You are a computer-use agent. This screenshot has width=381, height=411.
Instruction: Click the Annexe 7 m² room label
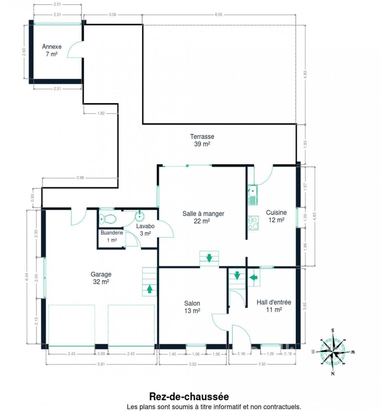tap(52, 50)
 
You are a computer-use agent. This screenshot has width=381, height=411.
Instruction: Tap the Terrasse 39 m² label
tap(202, 140)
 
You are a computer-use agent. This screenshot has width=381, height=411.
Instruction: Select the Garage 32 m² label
tap(101, 278)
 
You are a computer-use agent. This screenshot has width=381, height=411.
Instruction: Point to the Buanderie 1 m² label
tap(112, 236)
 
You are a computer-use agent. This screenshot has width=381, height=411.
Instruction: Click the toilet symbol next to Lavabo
tap(107, 219)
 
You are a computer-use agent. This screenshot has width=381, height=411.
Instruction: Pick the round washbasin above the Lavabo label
tap(140, 216)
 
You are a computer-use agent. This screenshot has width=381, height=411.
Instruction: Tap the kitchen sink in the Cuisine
tap(253, 195)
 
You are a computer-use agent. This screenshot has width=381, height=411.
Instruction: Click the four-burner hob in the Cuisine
tap(253, 223)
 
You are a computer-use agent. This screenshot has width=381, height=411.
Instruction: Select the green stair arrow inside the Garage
tap(150, 289)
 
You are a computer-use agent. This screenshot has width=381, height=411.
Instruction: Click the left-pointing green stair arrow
tap(253, 277)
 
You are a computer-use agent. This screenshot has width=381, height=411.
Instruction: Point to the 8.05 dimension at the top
tap(218, 15)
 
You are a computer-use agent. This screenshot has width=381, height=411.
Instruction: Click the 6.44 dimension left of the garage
tap(27, 277)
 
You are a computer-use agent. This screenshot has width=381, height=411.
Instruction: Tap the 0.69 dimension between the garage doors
tap(101, 354)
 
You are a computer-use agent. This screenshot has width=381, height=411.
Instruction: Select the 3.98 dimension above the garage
tap(80, 178)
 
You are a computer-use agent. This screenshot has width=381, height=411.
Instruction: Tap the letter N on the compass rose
tap(333, 374)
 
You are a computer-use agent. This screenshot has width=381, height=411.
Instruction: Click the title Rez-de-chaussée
tap(189, 396)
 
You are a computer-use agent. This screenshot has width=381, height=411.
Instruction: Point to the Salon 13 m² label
tap(192, 307)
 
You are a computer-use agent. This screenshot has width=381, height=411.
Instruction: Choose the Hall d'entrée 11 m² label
tap(274, 306)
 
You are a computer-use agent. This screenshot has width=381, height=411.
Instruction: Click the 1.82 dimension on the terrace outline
tap(101, 113)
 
